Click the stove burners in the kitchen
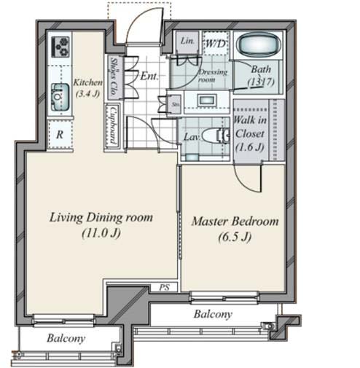pyautogui.click(x=58, y=48)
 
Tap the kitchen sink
pyautogui.click(x=58, y=98)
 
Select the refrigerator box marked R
pyautogui.click(x=59, y=135)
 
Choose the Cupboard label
pyautogui.click(x=113, y=125)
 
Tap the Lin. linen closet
pyautogui.click(x=187, y=42)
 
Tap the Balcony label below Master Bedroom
pyautogui.click(x=213, y=314)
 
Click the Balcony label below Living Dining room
pyautogui.click(x=67, y=339)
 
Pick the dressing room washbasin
pyautogui.click(x=206, y=100)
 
